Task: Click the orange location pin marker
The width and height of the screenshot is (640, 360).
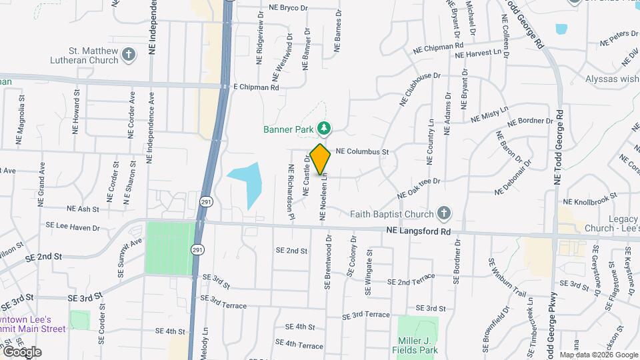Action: [x=321, y=159]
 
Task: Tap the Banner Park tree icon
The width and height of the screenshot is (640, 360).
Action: [x=324, y=127]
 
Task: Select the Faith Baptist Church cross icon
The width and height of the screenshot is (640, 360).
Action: [x=444, y=213]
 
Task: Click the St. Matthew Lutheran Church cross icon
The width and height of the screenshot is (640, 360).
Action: [x=129, y=55]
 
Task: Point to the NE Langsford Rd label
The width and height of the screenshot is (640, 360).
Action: [x=419, y=231]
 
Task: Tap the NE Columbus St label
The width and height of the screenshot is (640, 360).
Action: [x=361, y=151]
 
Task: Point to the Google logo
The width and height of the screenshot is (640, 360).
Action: [x=22, y=351]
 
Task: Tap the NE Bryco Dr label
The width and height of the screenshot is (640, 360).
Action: [x=288, y=8]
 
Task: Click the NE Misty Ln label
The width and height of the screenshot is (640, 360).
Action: [x=489, y=114]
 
